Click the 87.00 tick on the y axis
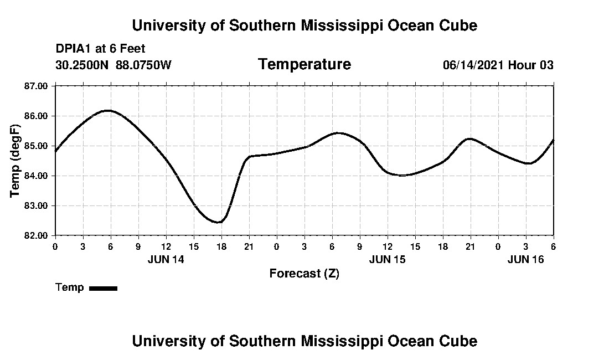37,86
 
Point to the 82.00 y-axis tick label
37,235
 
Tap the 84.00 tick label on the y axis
37,176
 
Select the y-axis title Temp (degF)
15,161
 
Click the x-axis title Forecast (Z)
304,274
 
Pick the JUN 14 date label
166,260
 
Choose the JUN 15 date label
387,260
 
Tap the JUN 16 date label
526,260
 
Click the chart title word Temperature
304,65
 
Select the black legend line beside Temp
103,288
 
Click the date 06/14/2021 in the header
473,65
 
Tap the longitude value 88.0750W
144,65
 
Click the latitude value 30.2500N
83,65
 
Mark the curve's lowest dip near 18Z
220,222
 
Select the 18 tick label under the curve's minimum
221,246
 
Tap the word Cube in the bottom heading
458,341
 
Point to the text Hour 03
531,65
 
